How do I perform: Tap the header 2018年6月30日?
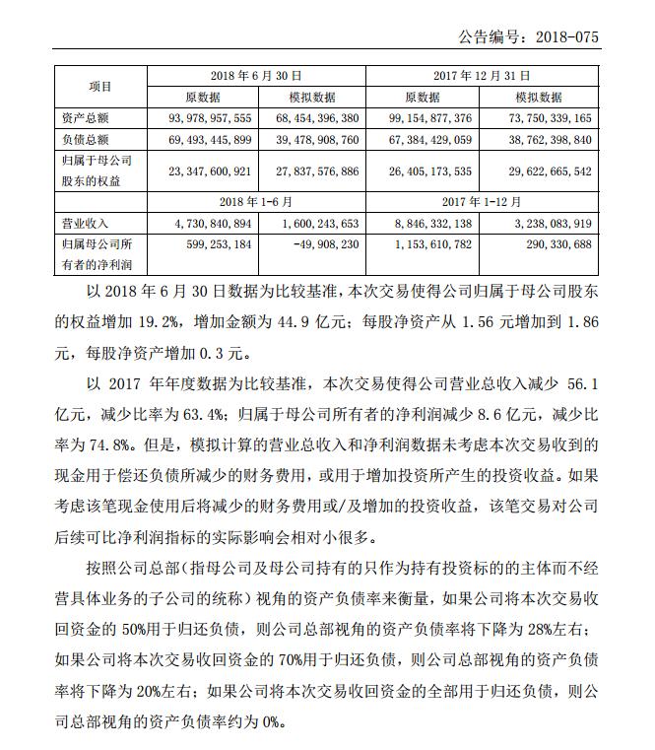pyautogui.click(x=256, y=75)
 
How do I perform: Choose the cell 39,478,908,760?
pyautogui.click(x=313, y=140)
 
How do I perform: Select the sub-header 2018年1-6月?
pyautogui.click(x=256, y=202)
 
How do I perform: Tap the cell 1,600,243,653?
pyautogui.click(x=313, y=224)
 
